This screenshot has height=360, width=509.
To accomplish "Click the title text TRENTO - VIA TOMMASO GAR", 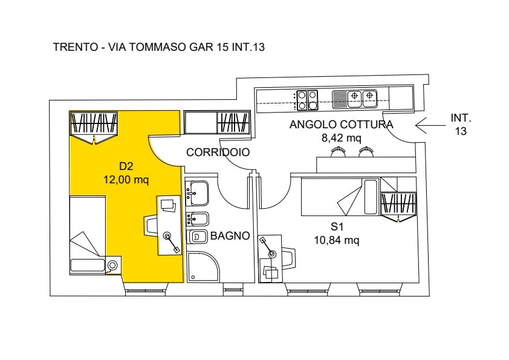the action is click(x=133, y=47).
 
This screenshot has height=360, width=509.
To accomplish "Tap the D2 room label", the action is click(x=126, y=166).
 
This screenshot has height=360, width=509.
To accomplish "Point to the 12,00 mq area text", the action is click(x=126, y=179).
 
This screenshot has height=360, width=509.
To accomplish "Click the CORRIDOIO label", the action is click(x=218, y=152).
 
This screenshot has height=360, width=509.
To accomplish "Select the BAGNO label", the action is click(x=230, y=235).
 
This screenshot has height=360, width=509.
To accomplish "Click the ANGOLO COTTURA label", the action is click(x=341, y=125).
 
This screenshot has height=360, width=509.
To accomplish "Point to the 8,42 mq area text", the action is click(x=341, y=138).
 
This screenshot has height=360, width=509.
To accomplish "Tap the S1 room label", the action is click(x=337, y=226).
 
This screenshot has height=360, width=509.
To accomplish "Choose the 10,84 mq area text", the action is click(x=337, y=240).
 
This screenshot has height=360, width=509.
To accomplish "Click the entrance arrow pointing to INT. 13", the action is click(x=430, y=125).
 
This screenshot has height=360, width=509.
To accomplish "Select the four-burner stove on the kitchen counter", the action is click(x=307, y=100).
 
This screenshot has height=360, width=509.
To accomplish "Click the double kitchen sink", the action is click(x=354, y=99).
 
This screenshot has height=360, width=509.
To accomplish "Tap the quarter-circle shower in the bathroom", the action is click(x=201, y=266).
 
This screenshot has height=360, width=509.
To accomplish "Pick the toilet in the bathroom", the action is click(x=197, y=237).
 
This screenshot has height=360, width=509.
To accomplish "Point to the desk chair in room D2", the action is click(x=151, y=225).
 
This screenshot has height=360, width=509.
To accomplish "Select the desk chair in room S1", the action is click(x=288, y=258).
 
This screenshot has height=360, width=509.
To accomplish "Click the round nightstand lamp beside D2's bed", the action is click(x=112, y=265).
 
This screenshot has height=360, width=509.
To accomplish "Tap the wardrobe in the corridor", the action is click(x=217, y=122).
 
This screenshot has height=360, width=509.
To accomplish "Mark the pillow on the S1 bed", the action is click(x=371, y=197).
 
